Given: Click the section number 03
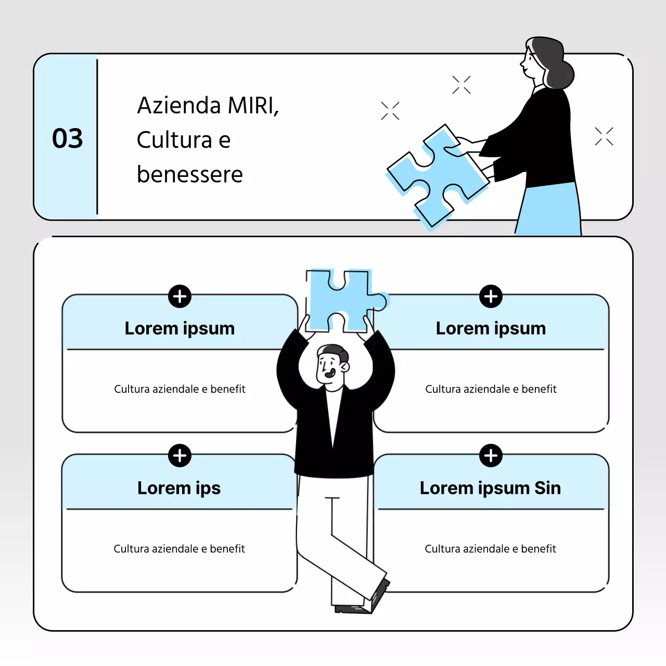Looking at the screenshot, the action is [x=68, y=138].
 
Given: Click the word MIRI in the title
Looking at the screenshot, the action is [x=253, y=106].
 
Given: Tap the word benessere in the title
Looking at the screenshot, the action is [x=190, y=174].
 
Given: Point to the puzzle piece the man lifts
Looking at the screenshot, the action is [x=345, y=301].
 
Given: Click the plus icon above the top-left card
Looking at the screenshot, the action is [x=180, y=296].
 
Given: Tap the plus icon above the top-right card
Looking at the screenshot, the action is [x=491, y=296].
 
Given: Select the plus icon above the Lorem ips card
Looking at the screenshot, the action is [x=180, y=455].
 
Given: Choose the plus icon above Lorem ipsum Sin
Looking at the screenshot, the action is [x=491, y=455].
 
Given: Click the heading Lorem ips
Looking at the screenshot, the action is [x=179, y=489].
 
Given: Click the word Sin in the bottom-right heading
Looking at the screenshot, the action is [x=548, y=488].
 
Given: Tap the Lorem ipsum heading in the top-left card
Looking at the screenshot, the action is [x=180, y=329].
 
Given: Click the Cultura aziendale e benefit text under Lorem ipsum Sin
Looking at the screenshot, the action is [x=491, y=548].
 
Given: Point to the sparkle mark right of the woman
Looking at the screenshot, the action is [x=604, y=136].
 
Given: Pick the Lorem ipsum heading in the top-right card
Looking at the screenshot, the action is [x=491, y=329].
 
